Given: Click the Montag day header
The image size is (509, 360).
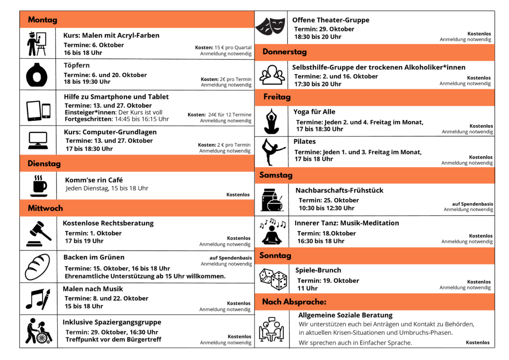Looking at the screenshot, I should pyautogui.click(x=43, y=20).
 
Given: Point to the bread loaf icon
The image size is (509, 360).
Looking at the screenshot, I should pyautogui.click(x=38, y=267).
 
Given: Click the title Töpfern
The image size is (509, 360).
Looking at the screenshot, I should pyautogui.click(x=77, y=65).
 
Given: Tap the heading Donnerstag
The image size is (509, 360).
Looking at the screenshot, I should pyautogui.click(x=284, y=52).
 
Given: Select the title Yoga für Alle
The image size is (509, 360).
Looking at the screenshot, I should pyautogui.click(x=314, y=112).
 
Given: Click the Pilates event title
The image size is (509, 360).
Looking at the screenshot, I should pyautogui.click(x=304, y=142).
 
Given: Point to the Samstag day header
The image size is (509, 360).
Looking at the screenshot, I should pyautogui.click(x=276, y=175).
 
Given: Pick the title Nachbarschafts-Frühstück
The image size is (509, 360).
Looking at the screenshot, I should pyautogui.click(x=339, y=190).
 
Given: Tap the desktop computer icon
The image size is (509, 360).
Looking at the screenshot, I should pyautogui.click(x=38, y=141).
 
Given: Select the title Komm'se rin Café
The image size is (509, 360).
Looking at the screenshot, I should pyautogui.click(x=94, y=180).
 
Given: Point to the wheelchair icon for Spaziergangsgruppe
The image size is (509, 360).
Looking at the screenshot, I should pyautogui.click(x=38, y=331).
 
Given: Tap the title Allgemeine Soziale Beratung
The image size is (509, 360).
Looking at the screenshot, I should pyautogui.click(x=345, y=315).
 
